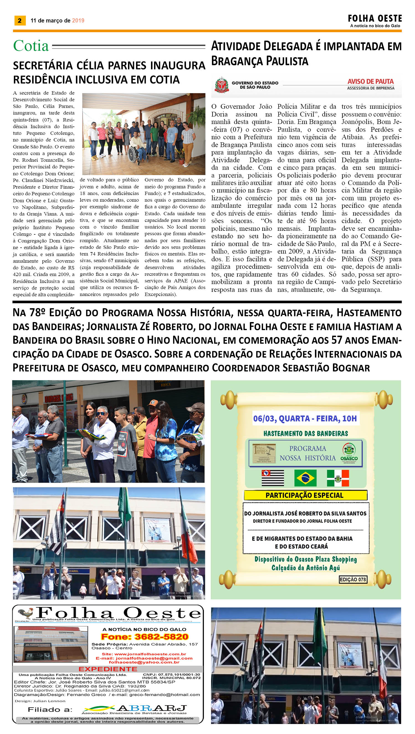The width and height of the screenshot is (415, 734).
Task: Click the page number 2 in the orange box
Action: click(20, 20)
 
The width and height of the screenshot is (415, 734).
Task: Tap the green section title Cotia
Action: click(31, 46)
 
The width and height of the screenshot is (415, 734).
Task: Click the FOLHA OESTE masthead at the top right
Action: click(375, 19)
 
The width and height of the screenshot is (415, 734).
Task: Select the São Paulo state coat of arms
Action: click(221, 85)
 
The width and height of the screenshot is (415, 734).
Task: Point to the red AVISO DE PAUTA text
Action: click(370, 82)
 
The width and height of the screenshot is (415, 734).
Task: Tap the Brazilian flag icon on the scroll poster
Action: click(305, 478)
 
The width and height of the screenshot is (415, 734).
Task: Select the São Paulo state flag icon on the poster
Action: click(273, 478)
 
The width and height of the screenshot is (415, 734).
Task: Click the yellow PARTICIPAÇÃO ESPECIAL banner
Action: click(305, 495)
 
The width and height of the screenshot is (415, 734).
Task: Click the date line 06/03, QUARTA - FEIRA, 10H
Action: click(305, 419)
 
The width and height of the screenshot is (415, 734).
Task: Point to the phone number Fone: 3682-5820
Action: click(145, 637)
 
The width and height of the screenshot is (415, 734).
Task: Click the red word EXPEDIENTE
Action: click(108, 669)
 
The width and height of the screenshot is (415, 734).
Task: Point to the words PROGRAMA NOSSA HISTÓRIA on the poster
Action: click(307, 453)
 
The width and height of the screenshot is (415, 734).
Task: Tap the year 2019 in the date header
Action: click(78, 21)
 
